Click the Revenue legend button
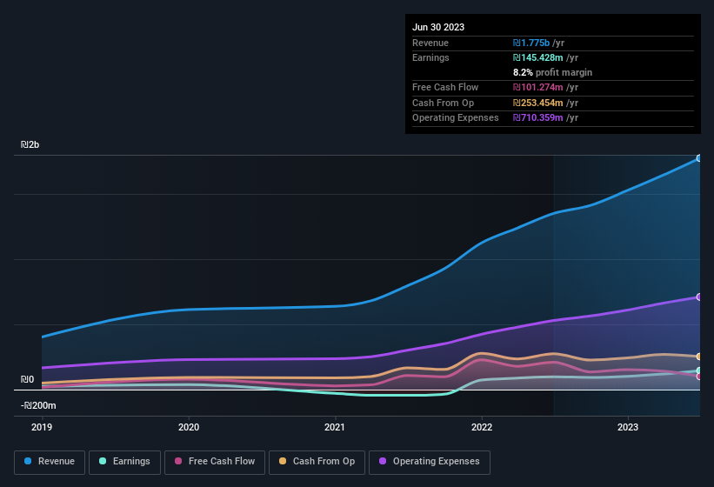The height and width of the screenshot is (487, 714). point(50,461)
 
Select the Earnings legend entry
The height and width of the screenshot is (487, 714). point(123,461)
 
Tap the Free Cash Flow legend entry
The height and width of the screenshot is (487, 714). point(215,461)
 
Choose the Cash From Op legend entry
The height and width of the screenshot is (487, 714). point(316,461)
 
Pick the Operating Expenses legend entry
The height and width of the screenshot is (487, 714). point(429,461)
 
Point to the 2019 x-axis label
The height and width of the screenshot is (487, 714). point(42,427)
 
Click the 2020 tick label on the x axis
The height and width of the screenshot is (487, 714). point(189,427)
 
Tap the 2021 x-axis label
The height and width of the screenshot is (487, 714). point(335,427)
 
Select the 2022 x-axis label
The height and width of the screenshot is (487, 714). point(482,427)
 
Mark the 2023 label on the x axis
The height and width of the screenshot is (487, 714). point(628,427)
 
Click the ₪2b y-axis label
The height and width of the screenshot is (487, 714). point(30,145)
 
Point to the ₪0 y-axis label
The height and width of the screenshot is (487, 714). point(28,380)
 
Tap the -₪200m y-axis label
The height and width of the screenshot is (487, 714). point(38,406)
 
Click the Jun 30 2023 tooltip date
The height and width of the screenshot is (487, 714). point(438,27)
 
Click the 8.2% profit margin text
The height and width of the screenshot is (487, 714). point(552,73)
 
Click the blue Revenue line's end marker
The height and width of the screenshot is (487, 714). point(698,158)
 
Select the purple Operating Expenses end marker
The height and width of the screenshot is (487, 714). point(698,297)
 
